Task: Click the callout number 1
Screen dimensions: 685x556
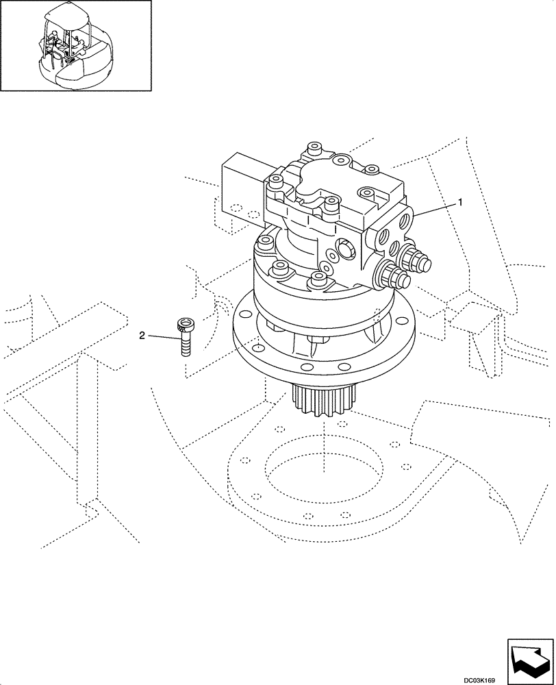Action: click(x=461, y=202)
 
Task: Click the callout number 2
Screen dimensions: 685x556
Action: click(x=142, y=335)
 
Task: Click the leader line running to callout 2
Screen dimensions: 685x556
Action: click(x=162, y=335)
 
